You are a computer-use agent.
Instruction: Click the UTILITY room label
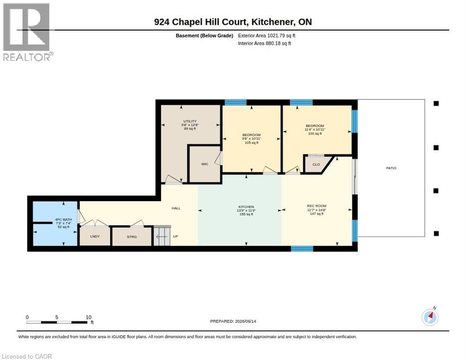pyautogui.click(x=190, y=121)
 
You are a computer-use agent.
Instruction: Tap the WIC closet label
pyautogui.click(x=205, y=164)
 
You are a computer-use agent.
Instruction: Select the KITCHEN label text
pyautogui.click(x=246, y=207)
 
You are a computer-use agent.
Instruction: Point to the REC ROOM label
pyautogui.click(x=316, y=206)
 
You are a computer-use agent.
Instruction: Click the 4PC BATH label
pyautogui.click(x=63, y=219)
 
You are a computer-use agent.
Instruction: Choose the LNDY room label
pyautogui.click(x=95, y=236)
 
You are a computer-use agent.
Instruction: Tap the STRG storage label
pyautogui.click(x=132, y=237)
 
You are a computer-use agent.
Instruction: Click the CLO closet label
pyautogui.click(x=316, y=165)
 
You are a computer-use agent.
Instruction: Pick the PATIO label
pyautogui.click(x=391, y=168)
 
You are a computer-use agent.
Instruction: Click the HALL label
pyautogui.click(x=176, y=208)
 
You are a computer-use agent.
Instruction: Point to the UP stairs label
pyautogui.click(x=175, y=236)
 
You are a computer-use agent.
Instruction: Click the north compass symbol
pyautogui.click(x=430, y=317)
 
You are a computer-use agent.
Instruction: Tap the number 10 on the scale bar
pyautogui.click(x=89, y=317)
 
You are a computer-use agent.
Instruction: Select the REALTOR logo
pyautogui.click(x=27, y=32)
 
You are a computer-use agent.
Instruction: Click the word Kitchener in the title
pyautogui.click(x=271, y=22)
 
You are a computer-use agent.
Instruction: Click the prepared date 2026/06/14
pyautogui.click(x=246, y=321)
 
